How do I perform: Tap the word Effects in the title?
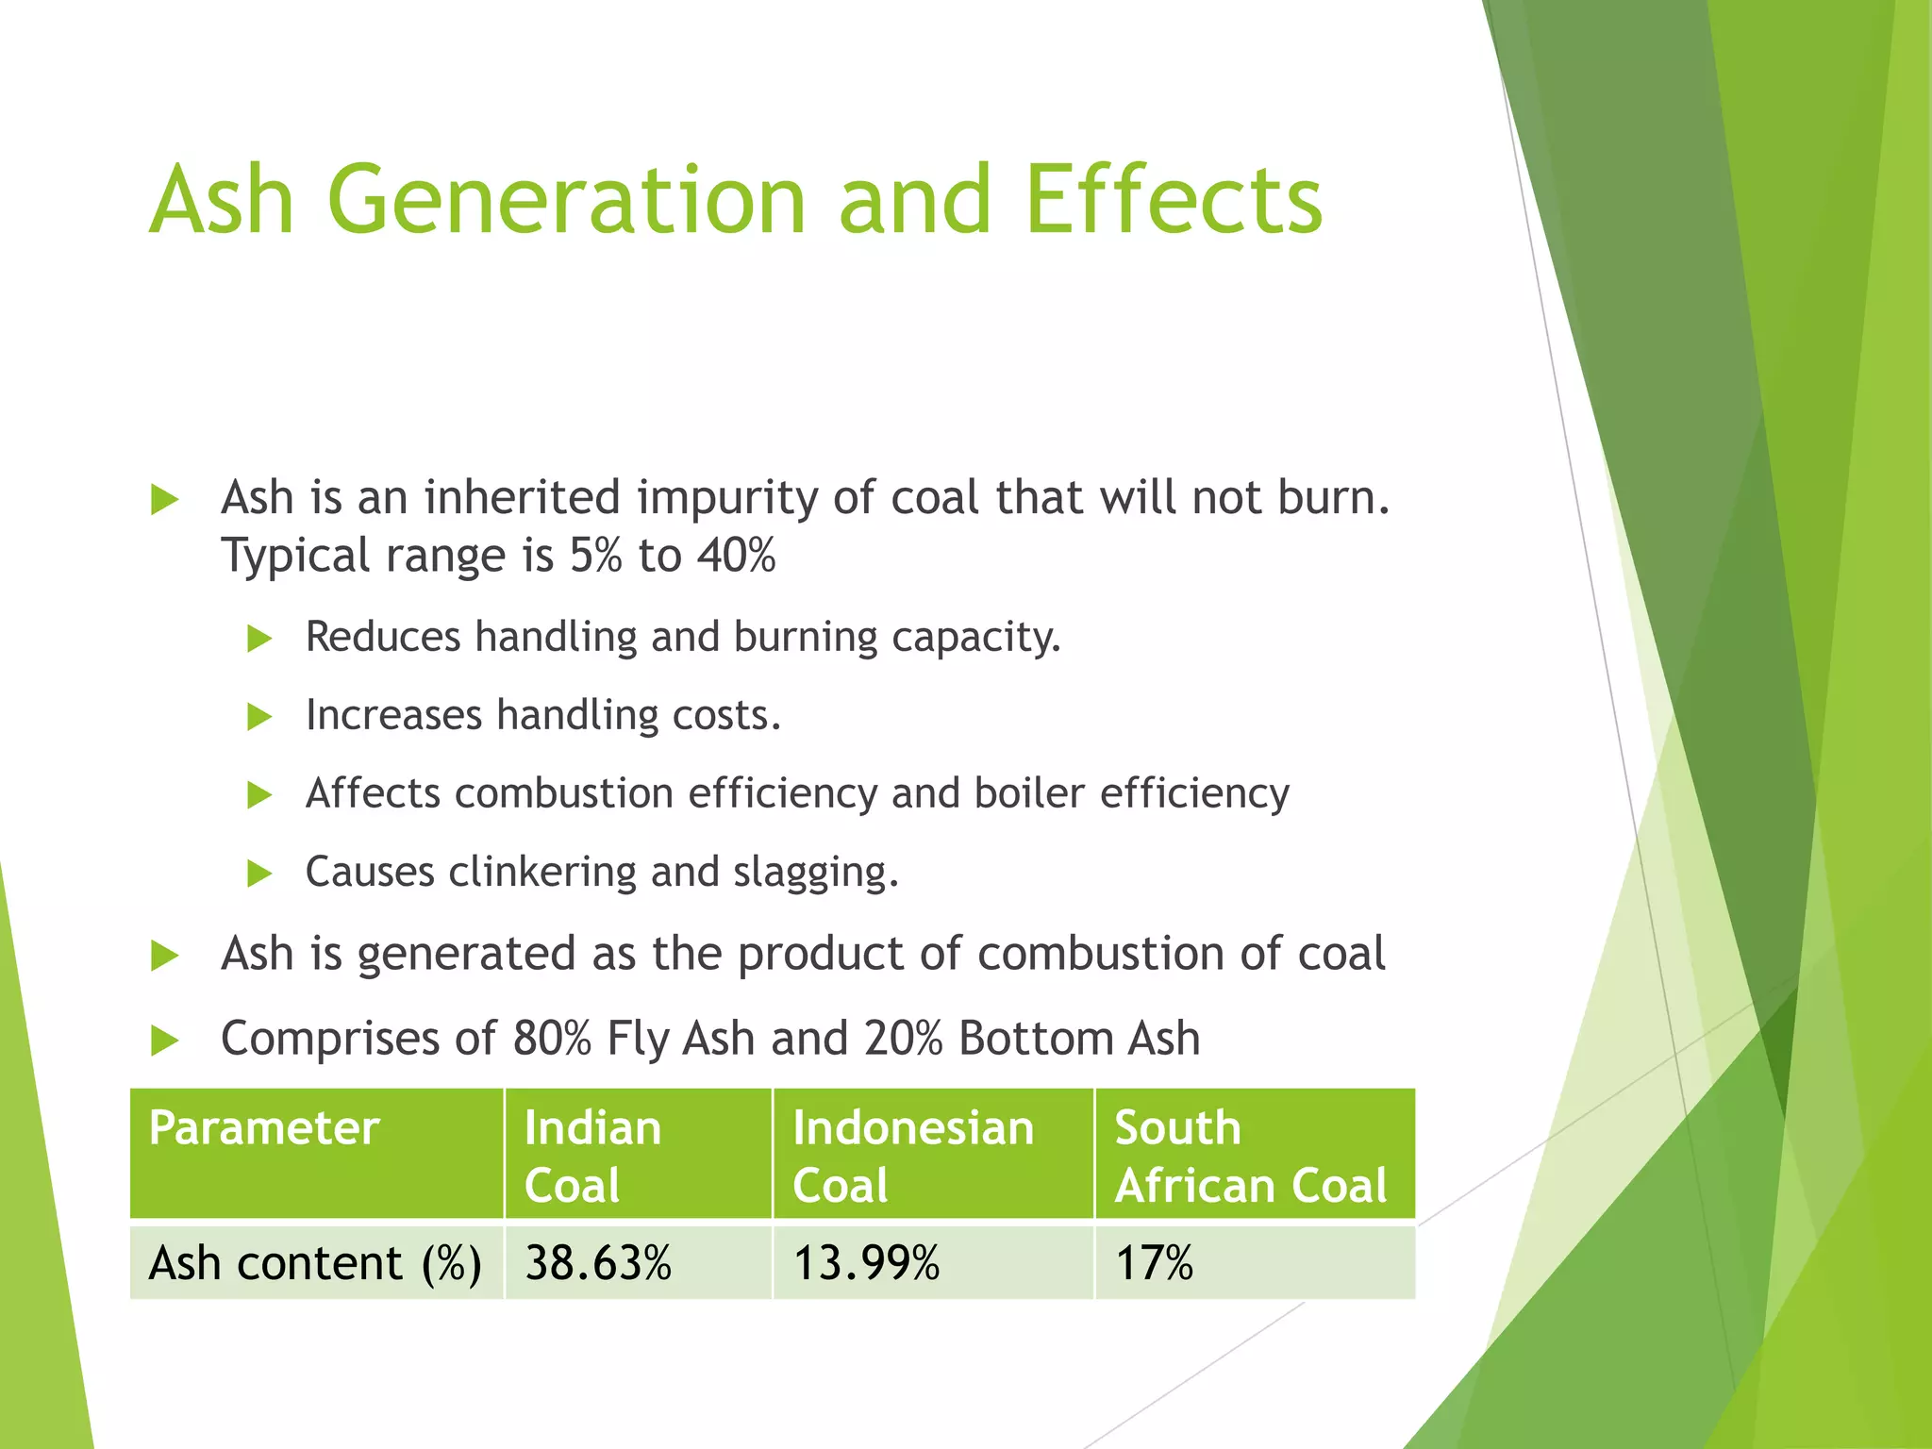pyautogui.click(x=1174, y=200)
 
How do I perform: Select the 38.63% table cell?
pyautogui.click(x=598, y=1263)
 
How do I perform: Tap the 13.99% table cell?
pyautogui.click(x=866, y=1263)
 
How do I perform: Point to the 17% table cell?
pyautogui.click(x=1154, y=1263)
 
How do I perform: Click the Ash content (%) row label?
pyautogui.click(x=315, y=1263)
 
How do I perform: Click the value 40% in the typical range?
pyautogui.click(x=736, y=556)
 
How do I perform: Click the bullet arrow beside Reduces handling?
pyautogui.click(x=258, y=639)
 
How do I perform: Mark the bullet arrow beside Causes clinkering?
pyautogui.click(x=258, y=874)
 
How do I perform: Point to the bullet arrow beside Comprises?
pyautogui.click(x=164, y=1041)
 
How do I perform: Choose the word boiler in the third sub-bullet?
pyautogui.click(x=1029, y=793)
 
